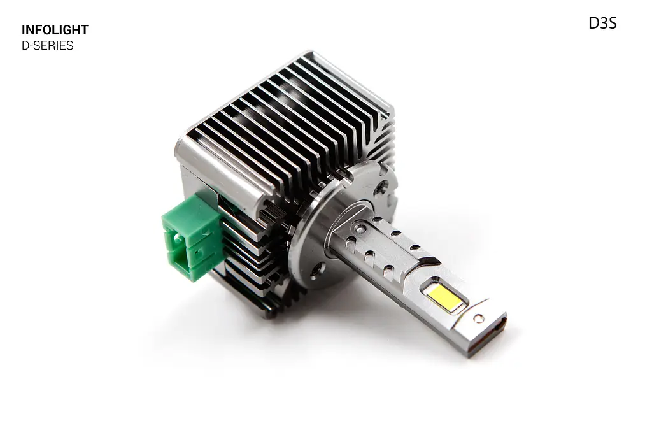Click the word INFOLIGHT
[x=55, y=30]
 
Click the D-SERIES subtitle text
[x=47, y=45]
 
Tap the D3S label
[x=602, y=24]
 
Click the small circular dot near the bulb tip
[x=479, y=318]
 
